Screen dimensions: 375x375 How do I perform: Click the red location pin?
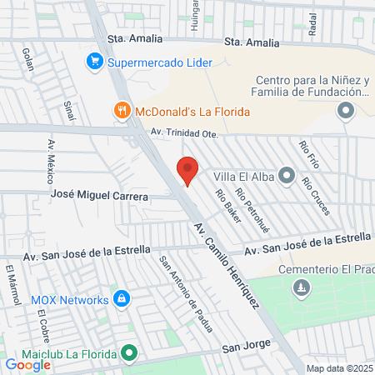coord(187,171)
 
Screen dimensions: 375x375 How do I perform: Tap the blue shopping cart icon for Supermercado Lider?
coord(95,62)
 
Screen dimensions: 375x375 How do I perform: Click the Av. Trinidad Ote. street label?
coord(183,132)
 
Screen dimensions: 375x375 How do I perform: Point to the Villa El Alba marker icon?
coord(287,175)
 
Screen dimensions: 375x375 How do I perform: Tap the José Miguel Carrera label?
coord(99,197)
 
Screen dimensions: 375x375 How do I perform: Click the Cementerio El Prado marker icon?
coord(302,288)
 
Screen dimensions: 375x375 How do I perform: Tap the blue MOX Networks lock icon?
coord(122,298)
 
